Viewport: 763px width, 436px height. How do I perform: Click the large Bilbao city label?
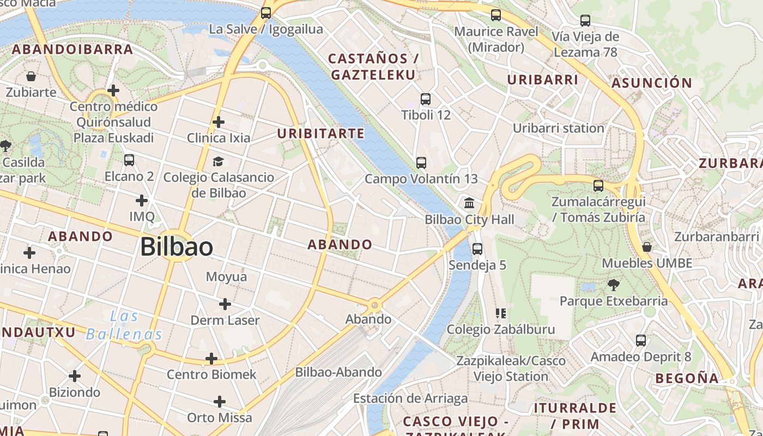[176, 247]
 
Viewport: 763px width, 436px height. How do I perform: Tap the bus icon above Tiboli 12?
[426, 99]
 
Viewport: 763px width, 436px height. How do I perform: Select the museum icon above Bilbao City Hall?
[469, 204]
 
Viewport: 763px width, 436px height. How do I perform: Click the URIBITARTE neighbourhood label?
[320, 134]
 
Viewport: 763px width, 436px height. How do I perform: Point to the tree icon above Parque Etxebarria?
[613, 284]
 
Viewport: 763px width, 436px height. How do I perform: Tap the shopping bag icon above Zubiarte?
[31, 76]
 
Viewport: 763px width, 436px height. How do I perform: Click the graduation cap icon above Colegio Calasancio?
[218, 161]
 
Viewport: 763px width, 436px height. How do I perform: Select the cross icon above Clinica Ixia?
[218, 122]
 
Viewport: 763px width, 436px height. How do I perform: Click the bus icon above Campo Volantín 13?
[421, 162]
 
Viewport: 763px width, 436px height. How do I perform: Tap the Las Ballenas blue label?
[124, 325]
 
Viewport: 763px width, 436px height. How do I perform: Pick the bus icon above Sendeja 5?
[477, 249]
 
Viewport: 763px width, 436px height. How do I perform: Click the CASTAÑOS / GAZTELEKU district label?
[373, 66]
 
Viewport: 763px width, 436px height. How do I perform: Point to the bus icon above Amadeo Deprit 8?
[641, 341]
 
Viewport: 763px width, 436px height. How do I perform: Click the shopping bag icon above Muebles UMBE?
[647, 247]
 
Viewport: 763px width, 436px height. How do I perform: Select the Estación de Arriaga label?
[410, 398]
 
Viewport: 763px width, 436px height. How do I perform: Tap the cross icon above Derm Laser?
[225, 304]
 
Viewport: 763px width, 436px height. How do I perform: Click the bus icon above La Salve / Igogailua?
[266, 13]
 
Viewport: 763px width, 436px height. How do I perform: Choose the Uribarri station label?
[558, 128]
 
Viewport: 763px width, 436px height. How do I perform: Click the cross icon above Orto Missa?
[220, 402]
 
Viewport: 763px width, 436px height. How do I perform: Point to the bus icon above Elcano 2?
[129, 160]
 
